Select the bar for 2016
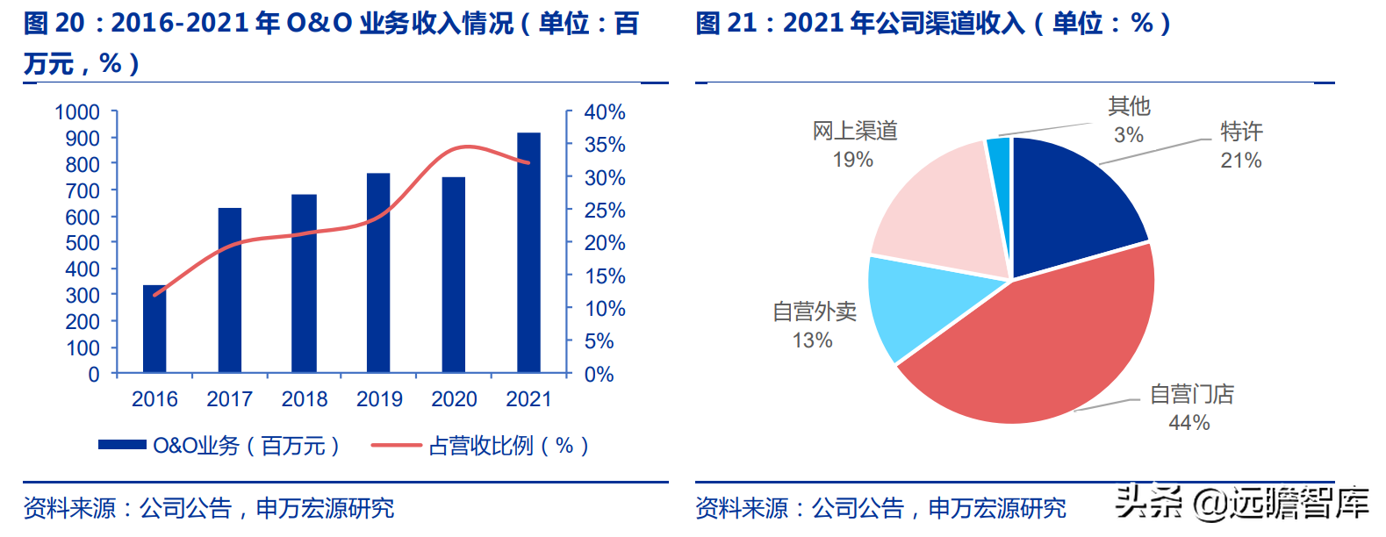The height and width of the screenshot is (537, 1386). click(154, 329)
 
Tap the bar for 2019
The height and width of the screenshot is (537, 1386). click(378, 273)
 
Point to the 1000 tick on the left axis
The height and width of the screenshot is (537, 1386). click(77, 112)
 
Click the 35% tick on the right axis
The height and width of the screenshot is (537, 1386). click(605, 145)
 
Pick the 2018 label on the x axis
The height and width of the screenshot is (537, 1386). click(304, 399)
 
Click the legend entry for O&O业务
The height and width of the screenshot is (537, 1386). click(219, 446)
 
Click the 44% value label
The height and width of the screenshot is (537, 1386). click(1189, 423)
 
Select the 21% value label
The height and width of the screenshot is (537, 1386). click(1241, 161)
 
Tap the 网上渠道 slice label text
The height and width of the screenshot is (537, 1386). click(855, 131)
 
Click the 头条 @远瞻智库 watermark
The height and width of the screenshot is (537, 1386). click(1241, 503)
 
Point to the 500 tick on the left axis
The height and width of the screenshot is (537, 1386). click(83, 243)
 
